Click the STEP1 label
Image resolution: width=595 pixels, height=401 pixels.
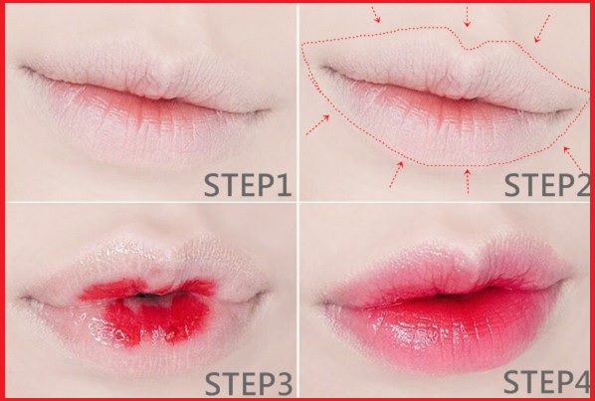coord(248,185)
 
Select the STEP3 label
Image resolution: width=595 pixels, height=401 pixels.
coord(249,383)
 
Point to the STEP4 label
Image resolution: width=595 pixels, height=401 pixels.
coord(546,382)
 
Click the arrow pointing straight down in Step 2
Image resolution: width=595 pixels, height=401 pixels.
coord(467,17)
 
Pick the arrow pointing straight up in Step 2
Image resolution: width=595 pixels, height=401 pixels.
coord(468,181)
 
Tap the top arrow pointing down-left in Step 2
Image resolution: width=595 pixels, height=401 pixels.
coord(542,29)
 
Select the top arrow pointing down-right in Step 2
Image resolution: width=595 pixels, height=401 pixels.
coord(376,14)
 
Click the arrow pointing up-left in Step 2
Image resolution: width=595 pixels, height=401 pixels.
coord(573,160)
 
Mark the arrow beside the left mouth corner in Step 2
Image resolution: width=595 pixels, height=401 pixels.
coord(317,124)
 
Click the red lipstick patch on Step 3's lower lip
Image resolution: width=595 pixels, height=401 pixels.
coord(155,320)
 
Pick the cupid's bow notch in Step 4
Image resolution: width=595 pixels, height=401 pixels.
coord(476,259)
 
